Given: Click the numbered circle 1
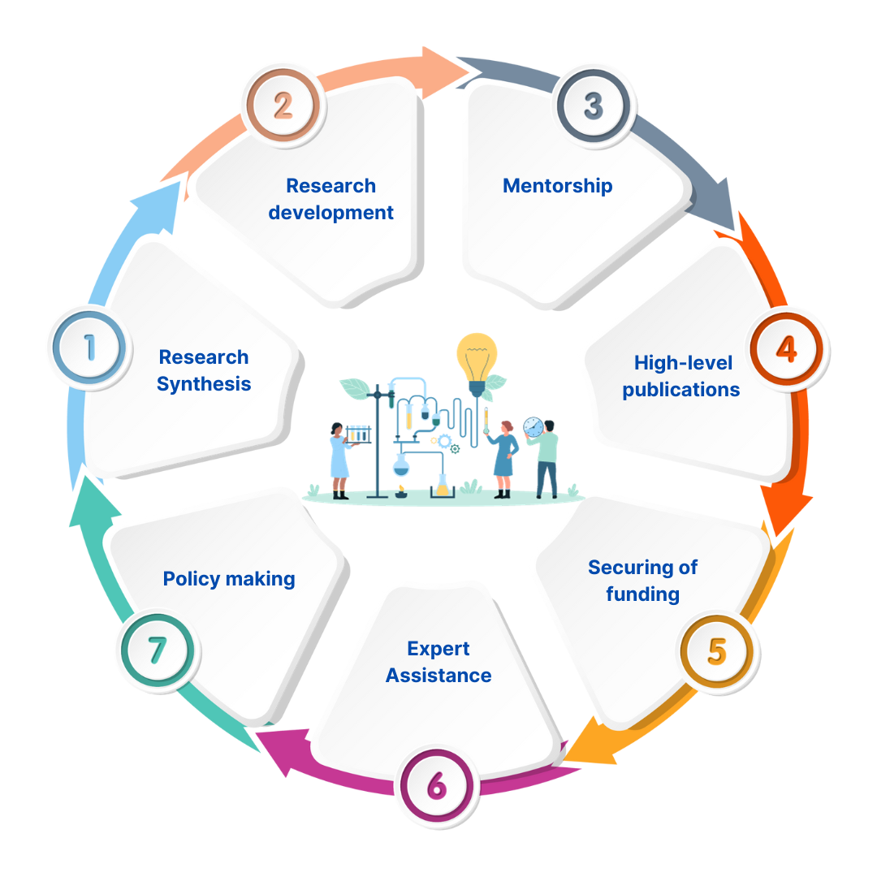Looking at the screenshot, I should tap(88, 347).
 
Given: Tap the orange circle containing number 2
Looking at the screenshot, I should tap(282, 106).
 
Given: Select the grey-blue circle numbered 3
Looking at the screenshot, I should tap(593, 106).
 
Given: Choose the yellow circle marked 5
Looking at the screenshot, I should tap(716, 651).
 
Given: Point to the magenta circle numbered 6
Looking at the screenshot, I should tap(435, 785).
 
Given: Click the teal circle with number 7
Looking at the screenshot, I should tap(157, 650).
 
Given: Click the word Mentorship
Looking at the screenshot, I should tap(557, 186).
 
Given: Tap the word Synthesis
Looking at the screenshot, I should tap(204, 384).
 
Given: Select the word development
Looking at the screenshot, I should tap(331, 213).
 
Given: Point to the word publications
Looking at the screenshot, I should tap(680, 390).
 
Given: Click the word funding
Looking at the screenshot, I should tap(642, 594).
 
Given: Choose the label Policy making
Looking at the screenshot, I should tap(229, 579).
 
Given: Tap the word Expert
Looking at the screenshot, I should tap(438, 649).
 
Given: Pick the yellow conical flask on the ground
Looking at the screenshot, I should tap(442, 486).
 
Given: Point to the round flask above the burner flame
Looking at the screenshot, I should tap(400, 464).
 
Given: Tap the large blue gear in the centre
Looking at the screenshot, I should tap(444, 441).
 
